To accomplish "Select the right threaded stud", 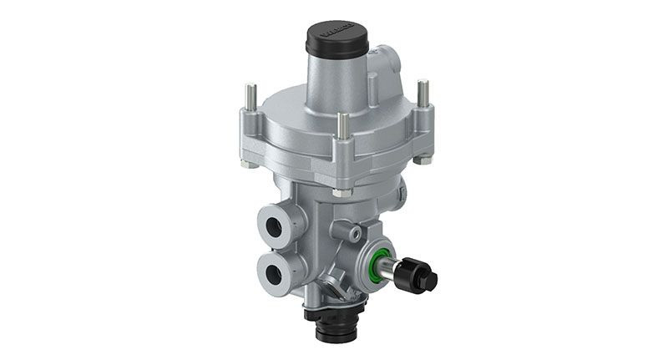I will pyautogui.click(x=424, y=91).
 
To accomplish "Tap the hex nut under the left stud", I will pyautogui.click(x=248, y=164).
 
